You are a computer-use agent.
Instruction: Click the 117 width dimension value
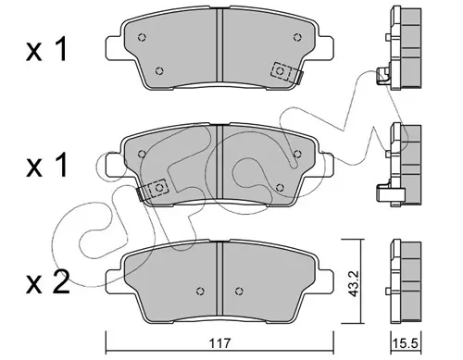(219, 342)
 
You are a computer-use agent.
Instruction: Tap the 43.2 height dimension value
(354, 283)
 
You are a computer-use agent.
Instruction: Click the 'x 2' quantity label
(47, 282)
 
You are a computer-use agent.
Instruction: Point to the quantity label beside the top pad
(46, 49)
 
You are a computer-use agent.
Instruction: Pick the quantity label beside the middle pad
(46, 166)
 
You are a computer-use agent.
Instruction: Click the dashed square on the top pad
(281, 71)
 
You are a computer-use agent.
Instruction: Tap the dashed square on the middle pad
(158, 188)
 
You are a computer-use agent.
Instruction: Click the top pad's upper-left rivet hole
(142, 37)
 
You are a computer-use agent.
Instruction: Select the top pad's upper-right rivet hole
(297, 37)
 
